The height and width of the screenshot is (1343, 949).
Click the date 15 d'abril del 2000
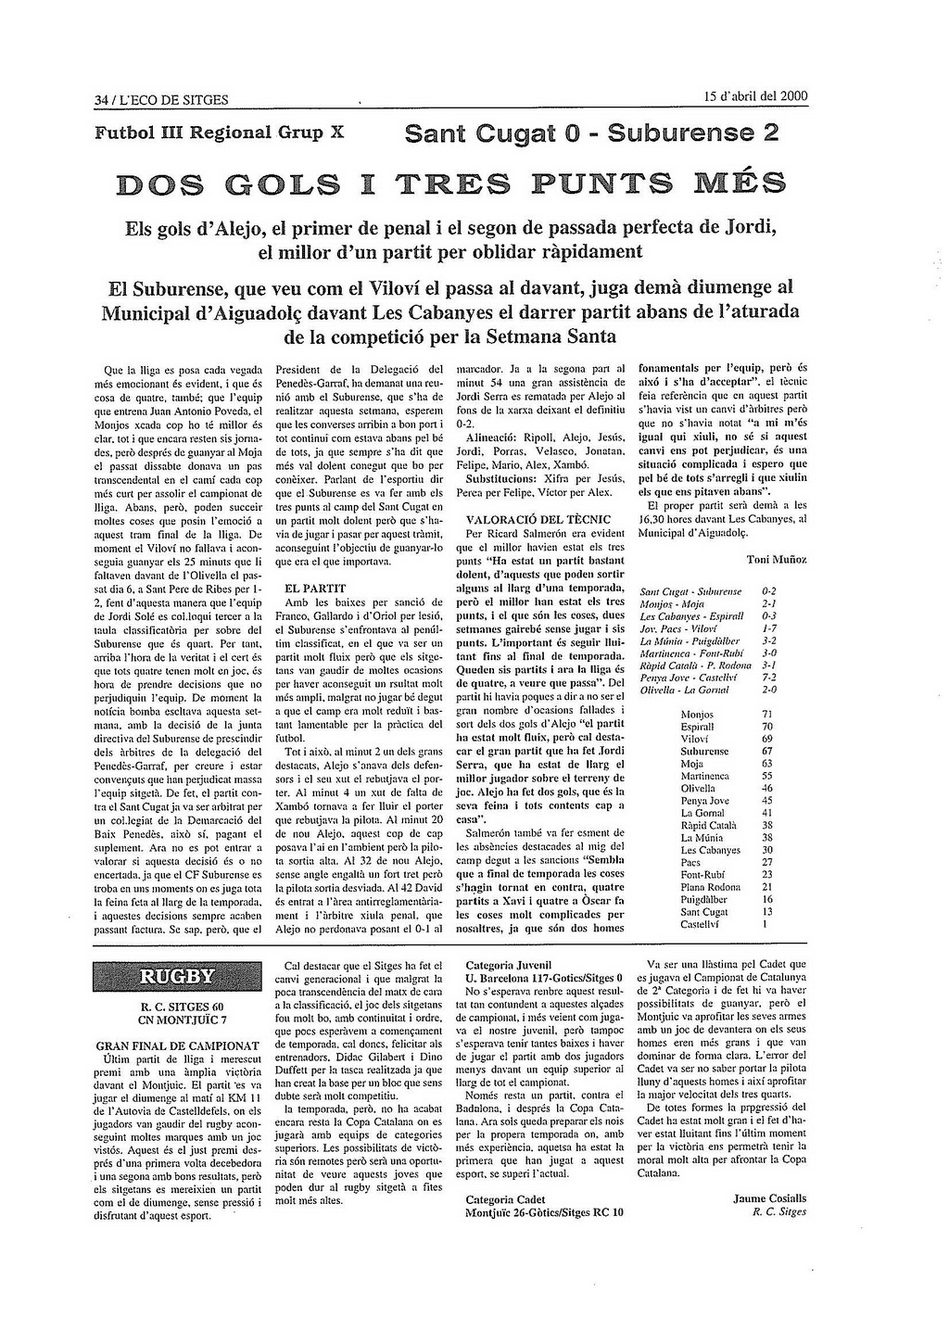click(x=755, y=96)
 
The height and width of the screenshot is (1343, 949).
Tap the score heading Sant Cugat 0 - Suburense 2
click(x=591, y=135)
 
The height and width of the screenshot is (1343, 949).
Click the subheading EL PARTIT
click(x=315, y=588)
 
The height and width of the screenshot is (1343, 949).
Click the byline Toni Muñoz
click(x=777, y=559)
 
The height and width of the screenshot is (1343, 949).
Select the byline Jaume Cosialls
click(x=769, y=1197)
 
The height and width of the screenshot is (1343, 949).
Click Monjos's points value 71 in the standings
click(x=766, y=714)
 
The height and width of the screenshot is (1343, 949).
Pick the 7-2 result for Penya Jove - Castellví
click(x=768, y=677)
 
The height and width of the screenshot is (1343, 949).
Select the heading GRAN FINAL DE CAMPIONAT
click(x=177, y=1045)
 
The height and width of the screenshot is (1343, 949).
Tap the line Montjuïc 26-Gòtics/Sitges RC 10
click(x=544, y=1211)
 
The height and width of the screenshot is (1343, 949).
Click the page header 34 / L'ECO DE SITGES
click(x=161, y=100)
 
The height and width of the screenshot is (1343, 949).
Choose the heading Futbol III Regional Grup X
click(x=220, y=132)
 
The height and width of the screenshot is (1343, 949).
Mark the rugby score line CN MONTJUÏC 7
click(x=176, y=1020)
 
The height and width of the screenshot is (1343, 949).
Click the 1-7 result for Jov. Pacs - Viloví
click(x=768, y=627)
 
